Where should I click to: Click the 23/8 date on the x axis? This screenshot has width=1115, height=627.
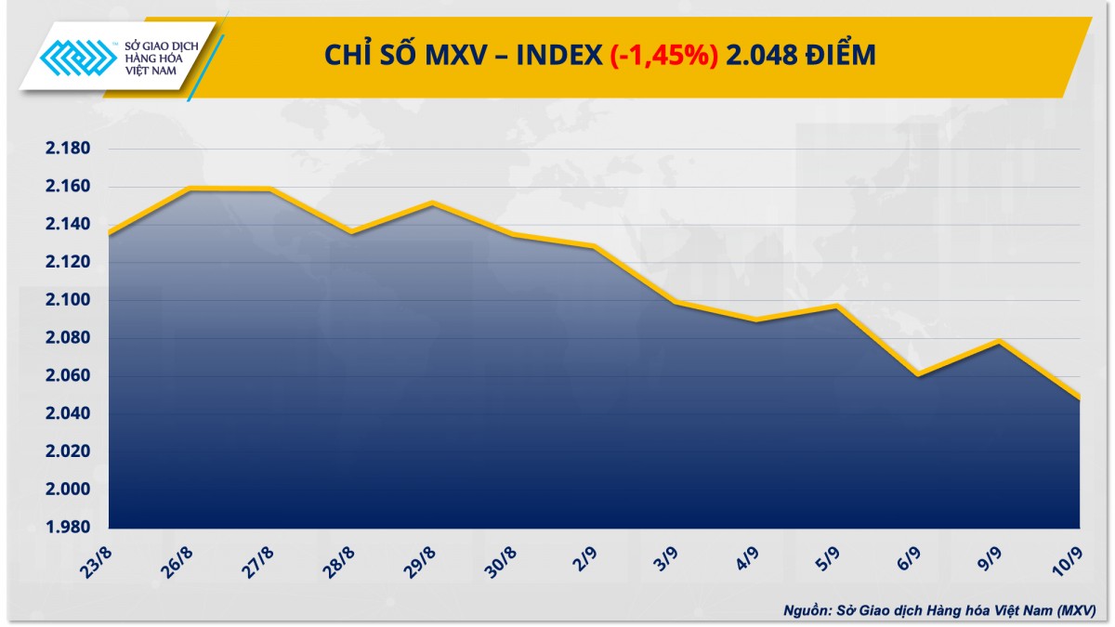pos(96,560)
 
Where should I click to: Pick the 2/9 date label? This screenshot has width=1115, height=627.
pos(584,560)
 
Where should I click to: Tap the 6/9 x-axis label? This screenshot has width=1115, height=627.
pos(909,560)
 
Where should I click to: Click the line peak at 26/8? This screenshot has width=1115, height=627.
pos(190,189)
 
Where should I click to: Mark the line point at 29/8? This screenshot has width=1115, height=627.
pos(432,202)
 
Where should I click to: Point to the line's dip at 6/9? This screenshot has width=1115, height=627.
pos(918,374)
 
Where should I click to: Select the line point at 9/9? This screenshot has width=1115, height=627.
pos(999,342)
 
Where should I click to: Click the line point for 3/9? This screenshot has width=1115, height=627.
pos(676,302)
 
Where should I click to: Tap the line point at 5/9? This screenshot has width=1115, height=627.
pos(837,306)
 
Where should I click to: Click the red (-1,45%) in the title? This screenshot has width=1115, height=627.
pos(663,56)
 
